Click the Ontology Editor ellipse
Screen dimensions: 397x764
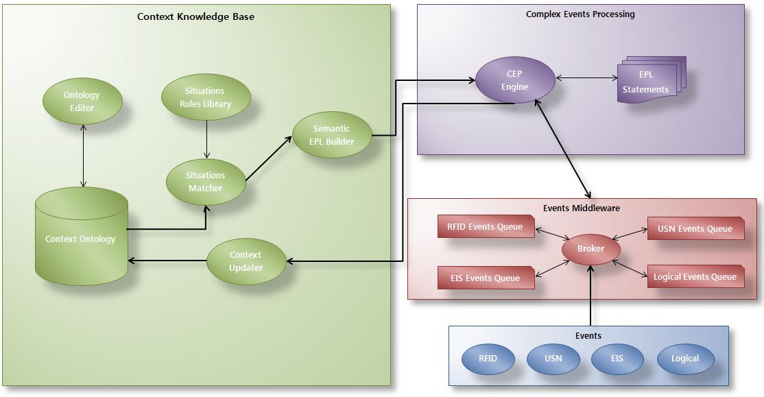82,101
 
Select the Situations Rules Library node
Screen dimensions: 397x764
206,97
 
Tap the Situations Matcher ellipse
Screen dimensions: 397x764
206,182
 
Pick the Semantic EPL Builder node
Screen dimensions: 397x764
332,135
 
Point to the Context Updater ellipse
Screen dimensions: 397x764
246,261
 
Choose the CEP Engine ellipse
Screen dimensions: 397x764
514,80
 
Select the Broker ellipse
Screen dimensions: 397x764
590,249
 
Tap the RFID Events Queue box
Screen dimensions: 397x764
486,227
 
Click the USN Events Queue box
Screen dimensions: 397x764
695,229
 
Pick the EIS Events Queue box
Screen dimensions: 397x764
486,278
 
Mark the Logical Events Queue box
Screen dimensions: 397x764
695,277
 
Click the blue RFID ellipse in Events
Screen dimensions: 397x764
488,359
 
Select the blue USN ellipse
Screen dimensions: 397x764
553,359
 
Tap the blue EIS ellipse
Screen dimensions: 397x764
617,359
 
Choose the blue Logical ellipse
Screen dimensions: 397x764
685,359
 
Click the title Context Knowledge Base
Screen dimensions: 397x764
195,16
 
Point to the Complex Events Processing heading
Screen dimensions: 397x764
580,14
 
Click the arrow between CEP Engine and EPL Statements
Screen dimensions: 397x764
586,78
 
